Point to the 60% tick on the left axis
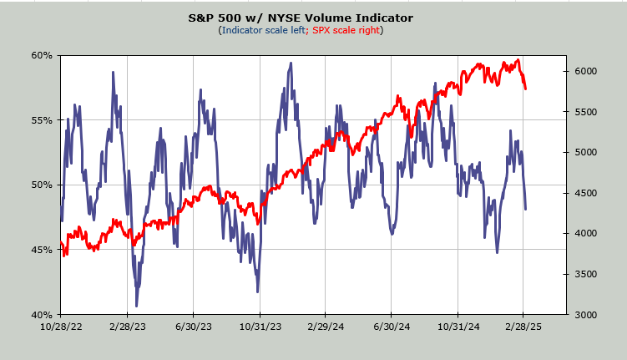click(43, 55)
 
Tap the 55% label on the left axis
click(43, 120)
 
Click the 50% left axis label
click(43, 185)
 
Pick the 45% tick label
click(43, 250)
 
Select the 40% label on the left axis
click(43, 315)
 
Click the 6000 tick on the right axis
click(586, 72)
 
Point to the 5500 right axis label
click(586, 112)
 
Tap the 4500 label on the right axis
click(586, 193)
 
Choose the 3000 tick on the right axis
click(586, 315)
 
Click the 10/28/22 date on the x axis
click(61, 327)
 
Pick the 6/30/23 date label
click(193, 327)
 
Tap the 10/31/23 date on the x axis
click(259, 327)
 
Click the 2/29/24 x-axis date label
click(326, 327)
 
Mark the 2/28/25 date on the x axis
click(523, 327)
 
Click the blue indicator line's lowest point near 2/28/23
click(137, 306)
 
